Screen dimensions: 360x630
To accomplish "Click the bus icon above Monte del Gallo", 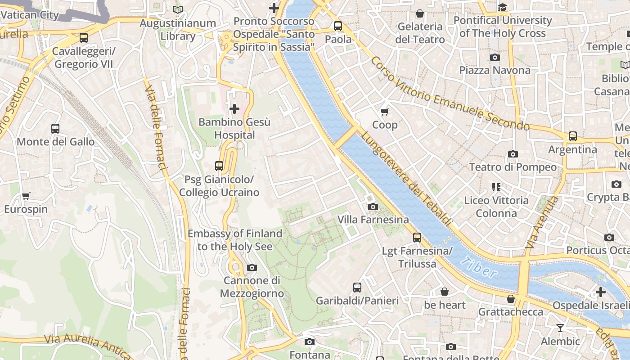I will [x=55, y=129].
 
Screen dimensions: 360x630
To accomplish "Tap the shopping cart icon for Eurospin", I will [x=26, y=196].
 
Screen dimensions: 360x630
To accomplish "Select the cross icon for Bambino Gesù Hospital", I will [x=234, y=109].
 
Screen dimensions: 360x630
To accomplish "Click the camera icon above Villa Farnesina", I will [x=373, y=207].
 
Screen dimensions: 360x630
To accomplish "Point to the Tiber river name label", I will [x=479, y=267].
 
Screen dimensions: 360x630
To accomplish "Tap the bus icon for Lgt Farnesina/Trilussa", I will [x=417, y=238].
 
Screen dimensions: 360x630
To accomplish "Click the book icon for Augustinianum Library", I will [x=178, y=9].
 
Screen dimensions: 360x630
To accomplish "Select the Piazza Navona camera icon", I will [x=495, y=57].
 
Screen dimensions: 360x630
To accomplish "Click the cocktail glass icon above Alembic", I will [x=560, y=328].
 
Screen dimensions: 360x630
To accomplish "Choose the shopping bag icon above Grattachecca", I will [x=511, y=299].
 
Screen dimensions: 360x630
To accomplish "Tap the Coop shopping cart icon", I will [x=384, y=112].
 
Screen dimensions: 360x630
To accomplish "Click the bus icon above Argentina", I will [x=572, y=136].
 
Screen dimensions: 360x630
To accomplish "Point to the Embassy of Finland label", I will [x=235, y=240].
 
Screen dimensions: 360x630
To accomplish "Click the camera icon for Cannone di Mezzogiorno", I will [x=252, y=268].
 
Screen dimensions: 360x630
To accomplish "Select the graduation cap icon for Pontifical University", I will [x=502, y=7].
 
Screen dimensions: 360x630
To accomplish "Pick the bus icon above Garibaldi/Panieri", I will [x=357, y=287].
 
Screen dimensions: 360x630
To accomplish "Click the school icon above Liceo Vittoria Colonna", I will [x=496, y=187].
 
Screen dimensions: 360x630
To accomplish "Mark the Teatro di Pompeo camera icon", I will [x=513, y=154].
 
